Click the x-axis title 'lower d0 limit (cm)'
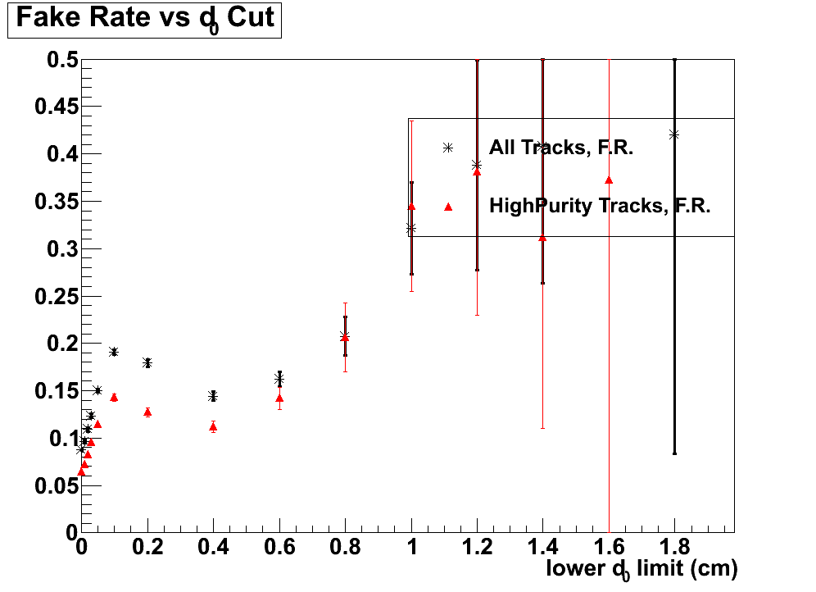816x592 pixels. pyautogui.click(x=641, y=569)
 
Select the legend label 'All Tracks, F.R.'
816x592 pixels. pyautogui.click(x=562, y=148)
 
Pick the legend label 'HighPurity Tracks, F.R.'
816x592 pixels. pyautogui.click(x=599, y=206)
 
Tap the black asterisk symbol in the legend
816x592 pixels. pyautogui.click(x=448, y=148)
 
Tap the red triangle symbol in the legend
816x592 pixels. pyautogui.click(x=448, y=207)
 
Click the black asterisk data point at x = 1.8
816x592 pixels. pyautogui.click(x=674, y=134)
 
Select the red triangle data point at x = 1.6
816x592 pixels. pyautogui.click(x=609, y=180)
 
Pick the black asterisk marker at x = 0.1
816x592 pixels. pyautogui.click(x=114, y=352)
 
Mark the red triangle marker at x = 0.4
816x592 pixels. pyautogui.click(x=213, y=426)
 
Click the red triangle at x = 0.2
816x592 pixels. pyautogui.click(x=147, y=412)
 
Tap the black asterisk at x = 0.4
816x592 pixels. pyautogui.click(x=213, y=396)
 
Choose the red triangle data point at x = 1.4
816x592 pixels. pyautogui.click(x=542, y=238)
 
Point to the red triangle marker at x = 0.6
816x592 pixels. pyautogui.click(x=279, y=398)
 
